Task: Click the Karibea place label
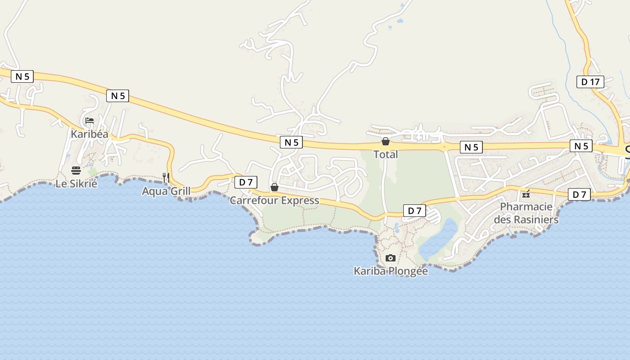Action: point(90,134)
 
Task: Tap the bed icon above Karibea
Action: point(90,121)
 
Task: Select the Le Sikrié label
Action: point(76,183)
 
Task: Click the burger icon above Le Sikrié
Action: point(76,170)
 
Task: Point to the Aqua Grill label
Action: point(166,191)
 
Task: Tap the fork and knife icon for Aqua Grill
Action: point(166,178)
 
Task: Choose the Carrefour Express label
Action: point(274,201)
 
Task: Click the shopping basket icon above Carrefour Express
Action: point(274,187)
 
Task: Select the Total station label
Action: point(386,154)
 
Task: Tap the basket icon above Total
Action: point(386,141)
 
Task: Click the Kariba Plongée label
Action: point(391,271)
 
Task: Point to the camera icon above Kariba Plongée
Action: point(391,258)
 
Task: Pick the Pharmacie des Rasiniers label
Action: point(526,213)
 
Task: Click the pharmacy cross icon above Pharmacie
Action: point(526,195)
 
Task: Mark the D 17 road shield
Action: point(590,82)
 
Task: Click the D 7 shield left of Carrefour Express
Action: point(246,182)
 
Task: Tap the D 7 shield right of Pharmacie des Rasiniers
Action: point(579,194)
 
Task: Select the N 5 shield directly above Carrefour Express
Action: point(291,142)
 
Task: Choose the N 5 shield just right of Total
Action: point(471,147)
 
